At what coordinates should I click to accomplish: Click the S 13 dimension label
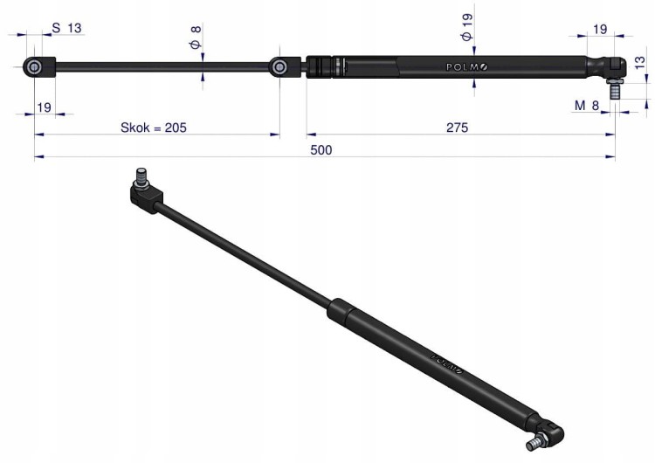tap(67, 29)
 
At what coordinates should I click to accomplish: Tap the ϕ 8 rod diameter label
tap(196, 38)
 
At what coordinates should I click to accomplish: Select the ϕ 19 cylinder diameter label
tap(466, 27)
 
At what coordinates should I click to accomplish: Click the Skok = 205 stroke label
tap(154, 128)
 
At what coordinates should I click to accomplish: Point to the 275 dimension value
tap(457, 128)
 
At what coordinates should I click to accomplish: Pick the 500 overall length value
tap(321, 150)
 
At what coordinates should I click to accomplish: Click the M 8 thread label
tap(587, 106)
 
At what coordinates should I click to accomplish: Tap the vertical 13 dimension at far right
tap(639, 63)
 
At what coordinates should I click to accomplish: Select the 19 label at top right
tap(600, 29)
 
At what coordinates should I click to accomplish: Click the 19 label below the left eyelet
tap(44, 107)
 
